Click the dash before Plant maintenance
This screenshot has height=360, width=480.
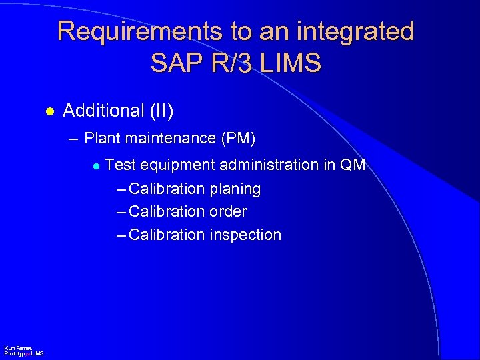pos(73,139)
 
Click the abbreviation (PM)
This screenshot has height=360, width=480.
pos(238,139)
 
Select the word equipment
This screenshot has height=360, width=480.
pos(169,165)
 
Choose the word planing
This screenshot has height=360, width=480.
pos(235,189)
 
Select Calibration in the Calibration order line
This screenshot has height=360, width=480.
pos(167,212)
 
